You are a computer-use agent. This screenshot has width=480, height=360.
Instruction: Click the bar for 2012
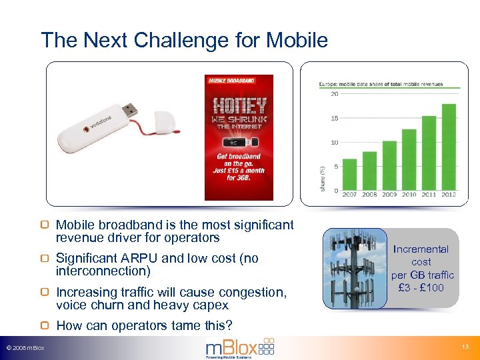[x=449, y=147]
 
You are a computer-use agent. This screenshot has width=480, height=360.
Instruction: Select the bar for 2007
[x=350, y=174]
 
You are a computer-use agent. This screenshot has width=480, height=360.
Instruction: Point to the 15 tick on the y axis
[x=335, y=119]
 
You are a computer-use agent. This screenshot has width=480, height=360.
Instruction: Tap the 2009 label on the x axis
[x=389, y=195]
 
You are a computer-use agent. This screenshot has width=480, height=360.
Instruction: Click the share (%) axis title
[x=323, y=178]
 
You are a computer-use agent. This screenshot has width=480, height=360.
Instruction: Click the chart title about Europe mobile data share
[x=381, y=85]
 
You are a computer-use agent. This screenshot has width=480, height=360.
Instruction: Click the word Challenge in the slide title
[x=174, y=41]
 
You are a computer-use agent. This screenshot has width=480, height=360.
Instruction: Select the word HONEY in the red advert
[x=239, y=105]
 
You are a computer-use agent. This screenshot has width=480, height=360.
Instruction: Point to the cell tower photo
[x=355, y=268]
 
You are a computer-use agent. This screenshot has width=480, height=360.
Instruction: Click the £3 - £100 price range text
[x=421, y=287]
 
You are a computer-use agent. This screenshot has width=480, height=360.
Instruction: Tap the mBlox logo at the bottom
[x=239, y=347]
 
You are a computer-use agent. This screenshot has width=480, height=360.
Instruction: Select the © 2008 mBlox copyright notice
[x=25, y=348]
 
